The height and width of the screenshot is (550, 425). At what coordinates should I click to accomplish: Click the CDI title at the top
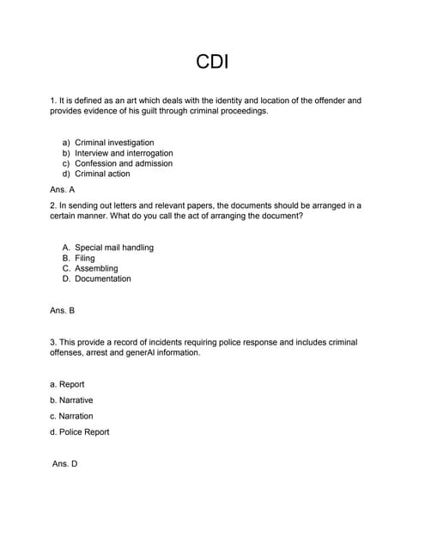pos(212,62)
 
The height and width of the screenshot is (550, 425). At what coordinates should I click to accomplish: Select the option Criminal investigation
pos(114,143)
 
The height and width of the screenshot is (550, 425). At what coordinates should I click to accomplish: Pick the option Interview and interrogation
pos(124,153)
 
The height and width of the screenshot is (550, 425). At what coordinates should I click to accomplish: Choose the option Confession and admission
pos(124,163)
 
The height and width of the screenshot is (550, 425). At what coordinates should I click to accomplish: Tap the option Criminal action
pos(102,174)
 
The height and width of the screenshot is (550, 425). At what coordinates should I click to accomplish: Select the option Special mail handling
pos(114,247)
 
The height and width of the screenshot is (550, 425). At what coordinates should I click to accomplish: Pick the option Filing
pos(85,258)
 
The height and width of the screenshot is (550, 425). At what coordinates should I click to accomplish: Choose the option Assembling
pos(96,268)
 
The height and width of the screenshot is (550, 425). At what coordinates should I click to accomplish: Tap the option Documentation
pos(103,278)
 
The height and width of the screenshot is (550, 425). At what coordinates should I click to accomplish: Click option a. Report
pos(67,384)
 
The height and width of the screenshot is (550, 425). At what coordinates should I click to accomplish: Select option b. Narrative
pos(71,400)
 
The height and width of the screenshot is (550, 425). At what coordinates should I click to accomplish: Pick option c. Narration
pos(71,416)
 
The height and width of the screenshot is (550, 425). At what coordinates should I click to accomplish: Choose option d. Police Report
pos(80,431)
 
